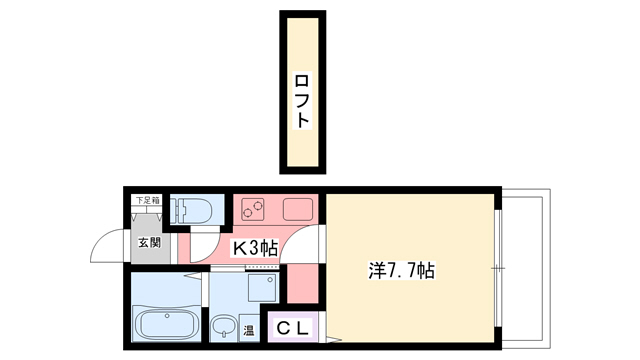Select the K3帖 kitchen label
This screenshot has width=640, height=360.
(255, 248)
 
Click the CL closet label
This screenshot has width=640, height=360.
(294, 328)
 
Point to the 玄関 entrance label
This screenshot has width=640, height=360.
(149, 242)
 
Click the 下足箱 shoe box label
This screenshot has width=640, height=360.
(148, 201)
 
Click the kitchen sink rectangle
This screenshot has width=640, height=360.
(300, 210)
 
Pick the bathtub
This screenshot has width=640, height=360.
(167, 325)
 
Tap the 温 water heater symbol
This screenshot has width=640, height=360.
(248, 329)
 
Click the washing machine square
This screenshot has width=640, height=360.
(262, 289)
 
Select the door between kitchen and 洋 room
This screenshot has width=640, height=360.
(313, 243)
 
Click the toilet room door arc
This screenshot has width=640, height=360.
(204, 240)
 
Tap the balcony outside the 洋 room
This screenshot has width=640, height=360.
(521, 268)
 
